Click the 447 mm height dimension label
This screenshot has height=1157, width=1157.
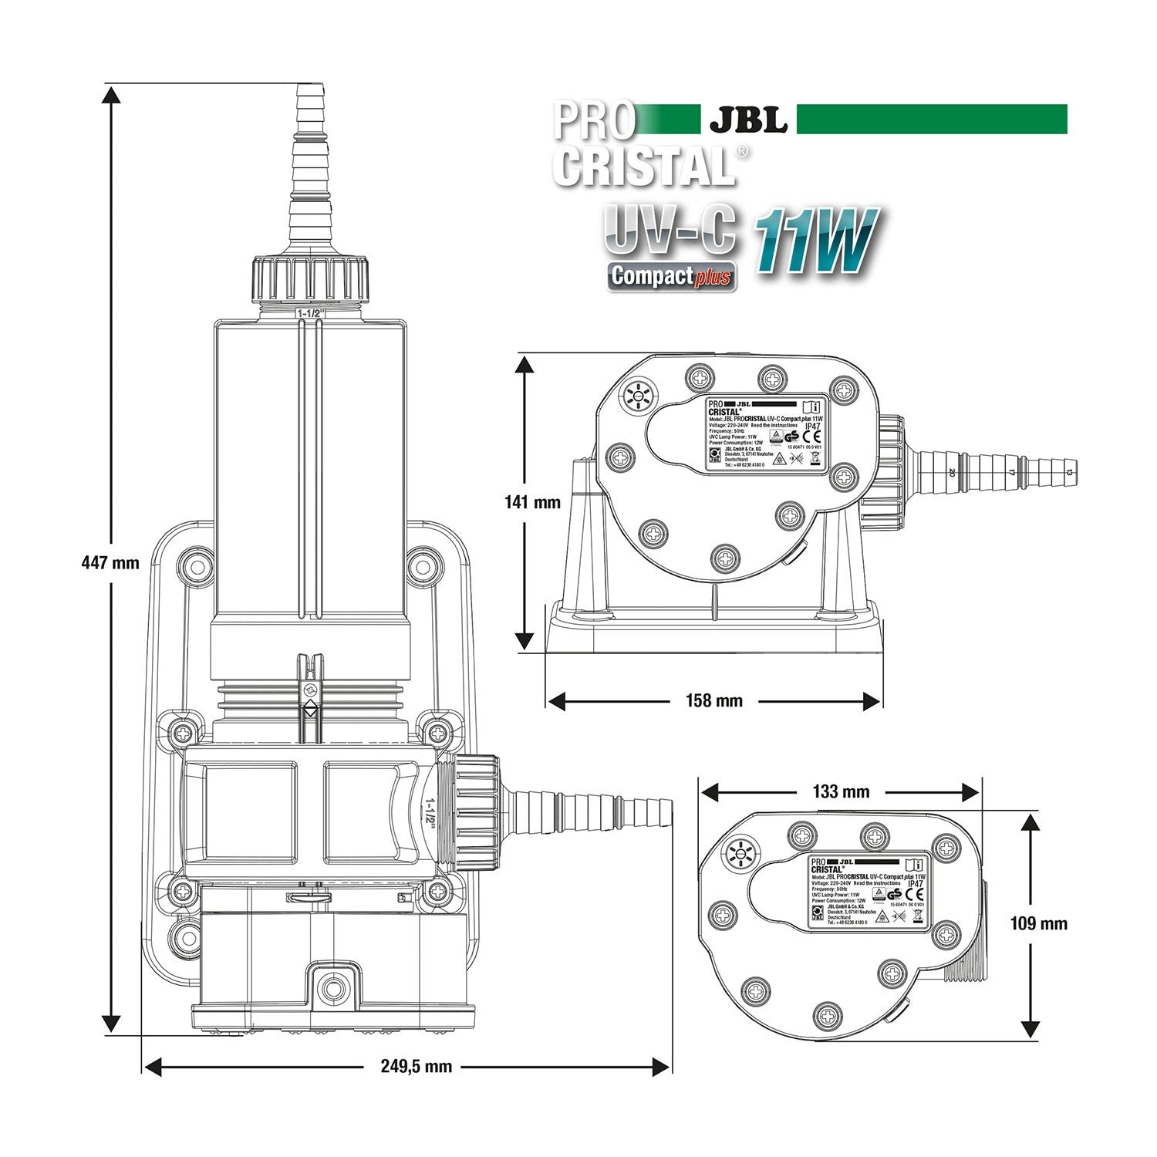click(x=110, y=562)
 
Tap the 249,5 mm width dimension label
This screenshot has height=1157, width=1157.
click(x=416, y=1067)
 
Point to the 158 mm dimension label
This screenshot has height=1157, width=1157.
click(x=714, y=700)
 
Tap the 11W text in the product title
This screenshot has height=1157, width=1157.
click(x=815, y=241)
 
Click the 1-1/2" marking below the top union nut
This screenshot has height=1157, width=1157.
click(x=312, y=313)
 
